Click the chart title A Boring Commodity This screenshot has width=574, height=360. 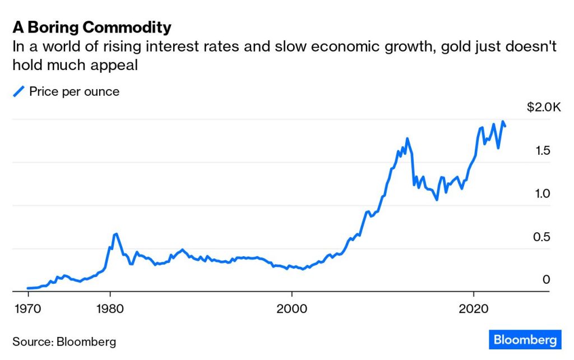pyautogui.click(x=92, y=27)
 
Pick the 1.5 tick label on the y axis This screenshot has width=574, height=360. pyautogui.click(x=541, y=150)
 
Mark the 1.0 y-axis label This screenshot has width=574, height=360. pyautogui.click(x=541, y=193)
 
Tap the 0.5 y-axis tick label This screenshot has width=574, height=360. pyautogui.click(x=541, y=237)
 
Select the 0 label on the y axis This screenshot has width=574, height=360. pyautogui.click(x=547, y=279)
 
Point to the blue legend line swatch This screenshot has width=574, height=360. pyautogui.click(x=19, y=91)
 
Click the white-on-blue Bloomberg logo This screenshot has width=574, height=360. pyautogui.click(x=525, y=340)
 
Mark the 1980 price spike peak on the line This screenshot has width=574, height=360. pyautogui.click(x=115, y=234)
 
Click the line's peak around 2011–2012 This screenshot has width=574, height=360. pyautogui.click(x=407, y=139)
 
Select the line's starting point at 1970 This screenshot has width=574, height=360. pyautogui.click(x=28, y=288)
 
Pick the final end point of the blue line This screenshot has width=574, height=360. pyautogui.click(x=505, y=126)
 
